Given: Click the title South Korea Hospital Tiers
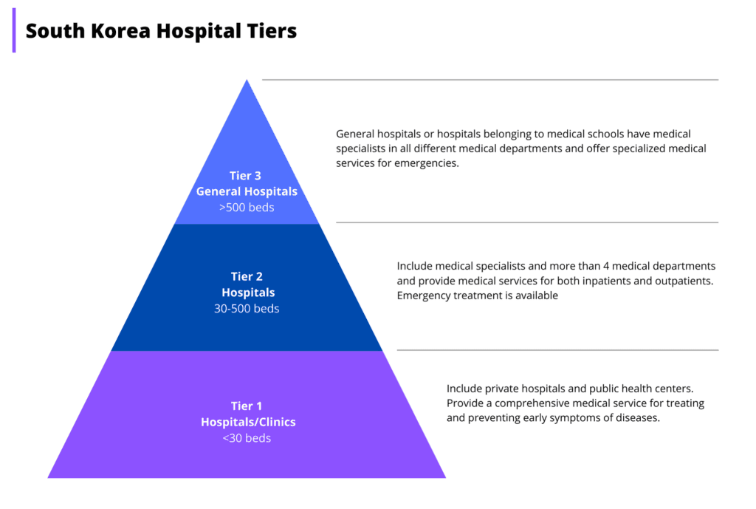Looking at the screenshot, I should [161, 31].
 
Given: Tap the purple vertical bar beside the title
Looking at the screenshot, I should [14, 30].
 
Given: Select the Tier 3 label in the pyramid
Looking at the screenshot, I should [247, 176].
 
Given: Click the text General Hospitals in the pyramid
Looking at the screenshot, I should [247, 191].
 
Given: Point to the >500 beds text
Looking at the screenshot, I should [247, 208].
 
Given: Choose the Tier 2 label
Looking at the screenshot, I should [247, 276].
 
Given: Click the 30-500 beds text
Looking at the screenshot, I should [247, 308].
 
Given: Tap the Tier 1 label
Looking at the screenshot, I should [247, 406].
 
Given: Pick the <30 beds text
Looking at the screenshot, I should [247, 438].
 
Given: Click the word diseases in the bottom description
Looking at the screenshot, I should [635, 418].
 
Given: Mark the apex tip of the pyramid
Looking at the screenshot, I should [247, 81].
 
